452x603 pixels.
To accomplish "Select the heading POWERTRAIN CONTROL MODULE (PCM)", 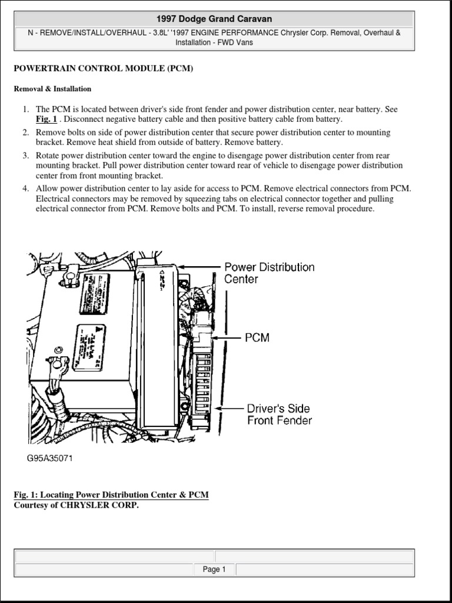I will pos(103,68).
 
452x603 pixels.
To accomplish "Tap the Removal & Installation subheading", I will pos(52,89).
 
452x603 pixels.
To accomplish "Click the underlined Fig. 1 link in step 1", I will pos(46,119).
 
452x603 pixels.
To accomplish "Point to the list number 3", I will pos(26,155).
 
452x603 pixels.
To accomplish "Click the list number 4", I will pos(26,188).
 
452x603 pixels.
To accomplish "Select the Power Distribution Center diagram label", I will pos(269,273).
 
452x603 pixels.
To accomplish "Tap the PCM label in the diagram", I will pos(257,337).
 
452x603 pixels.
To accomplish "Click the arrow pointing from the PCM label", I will pos(227,337).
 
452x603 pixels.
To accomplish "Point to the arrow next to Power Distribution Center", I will pos(201,267).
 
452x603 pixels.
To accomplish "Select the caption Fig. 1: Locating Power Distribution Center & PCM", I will pos(111,495).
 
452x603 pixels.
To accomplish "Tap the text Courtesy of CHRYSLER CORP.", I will pos(76,505).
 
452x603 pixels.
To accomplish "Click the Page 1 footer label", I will pos(214,569).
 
